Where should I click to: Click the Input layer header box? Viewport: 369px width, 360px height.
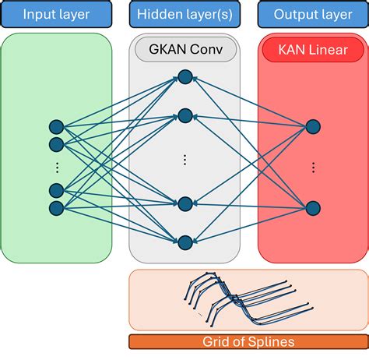coord(56,14)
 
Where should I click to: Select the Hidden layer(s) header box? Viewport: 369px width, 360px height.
coord(184,14)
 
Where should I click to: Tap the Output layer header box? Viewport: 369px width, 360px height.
coord(312,14)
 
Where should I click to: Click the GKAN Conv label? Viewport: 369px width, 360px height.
coord(184,51)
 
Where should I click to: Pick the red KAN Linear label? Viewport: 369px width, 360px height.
coord(312,51)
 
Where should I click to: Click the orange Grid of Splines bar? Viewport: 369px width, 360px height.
coord(248,341)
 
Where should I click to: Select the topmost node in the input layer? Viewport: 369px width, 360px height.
coord(55,126)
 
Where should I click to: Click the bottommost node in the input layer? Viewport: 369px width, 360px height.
coord(55,207)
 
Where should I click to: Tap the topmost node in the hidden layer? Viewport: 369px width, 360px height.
coord(184,76)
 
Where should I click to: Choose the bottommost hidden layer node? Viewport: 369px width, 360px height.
coord(184,242)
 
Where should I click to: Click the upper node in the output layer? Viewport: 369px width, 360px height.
coord(313,126)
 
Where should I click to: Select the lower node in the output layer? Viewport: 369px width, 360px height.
coord(313,207)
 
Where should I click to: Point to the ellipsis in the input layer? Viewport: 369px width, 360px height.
coord(55,166)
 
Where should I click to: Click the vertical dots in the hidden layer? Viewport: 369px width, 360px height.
coord(184,160)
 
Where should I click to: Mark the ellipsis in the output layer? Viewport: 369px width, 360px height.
coord(313,166)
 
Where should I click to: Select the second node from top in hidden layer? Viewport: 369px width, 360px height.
coord(184,115)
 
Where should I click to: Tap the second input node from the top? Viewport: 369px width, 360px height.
coord(55,144)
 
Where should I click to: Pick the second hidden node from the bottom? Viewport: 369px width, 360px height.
coord(184,204)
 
